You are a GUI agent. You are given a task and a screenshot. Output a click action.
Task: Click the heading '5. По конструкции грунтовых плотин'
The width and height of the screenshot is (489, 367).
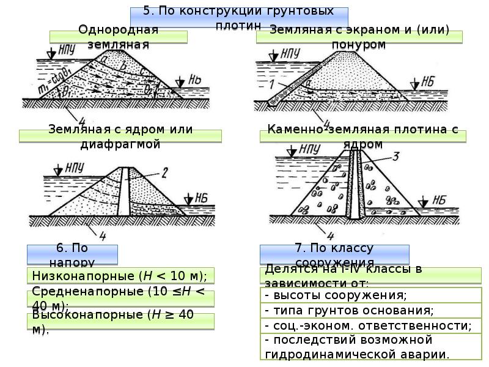pyautogui.click(x=239, y=18)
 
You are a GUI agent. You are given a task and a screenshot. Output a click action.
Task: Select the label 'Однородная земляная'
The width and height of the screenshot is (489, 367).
pyautogui.click(x=119, y=37)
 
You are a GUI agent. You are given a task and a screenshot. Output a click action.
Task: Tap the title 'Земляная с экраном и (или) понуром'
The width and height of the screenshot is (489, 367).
pyautogui.click(x=359, y=37)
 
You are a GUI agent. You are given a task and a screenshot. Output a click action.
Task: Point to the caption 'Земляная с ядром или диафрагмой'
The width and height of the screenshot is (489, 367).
pyautogui.click(x=119, y=136)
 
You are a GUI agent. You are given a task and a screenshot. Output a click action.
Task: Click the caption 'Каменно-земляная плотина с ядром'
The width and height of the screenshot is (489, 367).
pyautogui.click(x=362, y=136)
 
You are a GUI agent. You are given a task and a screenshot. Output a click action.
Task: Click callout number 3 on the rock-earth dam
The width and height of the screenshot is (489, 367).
pyautogui.click(x=395, y=157)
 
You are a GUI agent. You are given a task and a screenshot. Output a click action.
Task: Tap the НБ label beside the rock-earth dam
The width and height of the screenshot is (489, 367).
pyautogui.click(x=438, y=199)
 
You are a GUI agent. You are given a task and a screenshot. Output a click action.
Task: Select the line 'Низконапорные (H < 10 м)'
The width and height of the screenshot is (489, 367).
pyautogui.click(x=120, y=275)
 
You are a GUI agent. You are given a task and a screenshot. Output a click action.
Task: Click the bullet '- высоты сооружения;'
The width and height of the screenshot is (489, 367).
pyautogui.click(x=336, y=295)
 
